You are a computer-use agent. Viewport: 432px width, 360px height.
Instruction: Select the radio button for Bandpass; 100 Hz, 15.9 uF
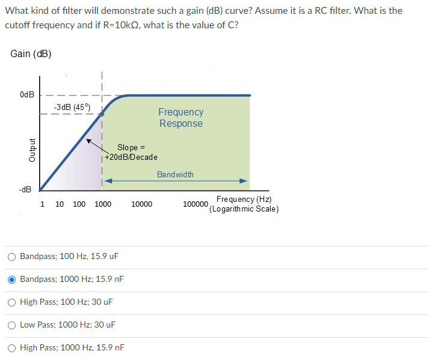point(12,256)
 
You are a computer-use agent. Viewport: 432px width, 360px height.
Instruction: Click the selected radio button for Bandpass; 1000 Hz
point(12,279)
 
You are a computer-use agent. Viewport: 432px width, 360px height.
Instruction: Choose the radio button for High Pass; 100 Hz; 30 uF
point(12,302)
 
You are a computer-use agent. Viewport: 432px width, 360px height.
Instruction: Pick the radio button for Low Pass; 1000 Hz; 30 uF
point(12,325)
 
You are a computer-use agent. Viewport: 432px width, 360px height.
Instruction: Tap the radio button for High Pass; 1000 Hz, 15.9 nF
point(12,347)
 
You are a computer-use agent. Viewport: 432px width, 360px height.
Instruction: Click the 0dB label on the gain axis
point(26,95)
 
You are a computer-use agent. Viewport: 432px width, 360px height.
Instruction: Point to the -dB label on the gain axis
point(25,190)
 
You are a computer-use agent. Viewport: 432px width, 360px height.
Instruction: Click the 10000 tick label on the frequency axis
point(141,204)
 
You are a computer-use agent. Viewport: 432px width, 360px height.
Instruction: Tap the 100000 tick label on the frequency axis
point(196,204)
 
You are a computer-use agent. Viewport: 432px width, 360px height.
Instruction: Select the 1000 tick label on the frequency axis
point(102,204)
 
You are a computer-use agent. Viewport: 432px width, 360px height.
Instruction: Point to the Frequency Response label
point(181,118)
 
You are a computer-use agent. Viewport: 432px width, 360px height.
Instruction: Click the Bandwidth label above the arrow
point(175,174)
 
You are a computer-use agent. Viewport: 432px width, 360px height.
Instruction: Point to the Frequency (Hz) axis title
point(244,200)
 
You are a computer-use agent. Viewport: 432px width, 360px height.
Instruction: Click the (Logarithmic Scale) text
point(244,209)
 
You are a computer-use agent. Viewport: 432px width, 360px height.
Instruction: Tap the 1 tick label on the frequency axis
point(42,204)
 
